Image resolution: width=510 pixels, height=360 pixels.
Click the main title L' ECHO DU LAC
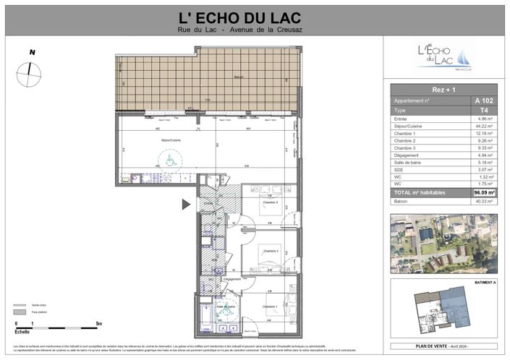(x=255, y=16)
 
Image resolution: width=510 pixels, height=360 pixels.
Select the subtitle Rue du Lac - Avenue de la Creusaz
(x=255, y=29)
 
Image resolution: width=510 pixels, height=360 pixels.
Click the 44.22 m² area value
(x=484, y=126)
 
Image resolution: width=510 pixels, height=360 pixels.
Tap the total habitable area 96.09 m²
(x=484, y=193)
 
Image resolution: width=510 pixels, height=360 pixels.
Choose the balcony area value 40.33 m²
(x=484, y=202)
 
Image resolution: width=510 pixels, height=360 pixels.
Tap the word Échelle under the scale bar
(x=23, y=332)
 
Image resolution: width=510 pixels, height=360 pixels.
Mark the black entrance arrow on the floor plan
(x=186, y=205)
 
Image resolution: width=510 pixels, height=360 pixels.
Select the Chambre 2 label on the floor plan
(x=271, y=251)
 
